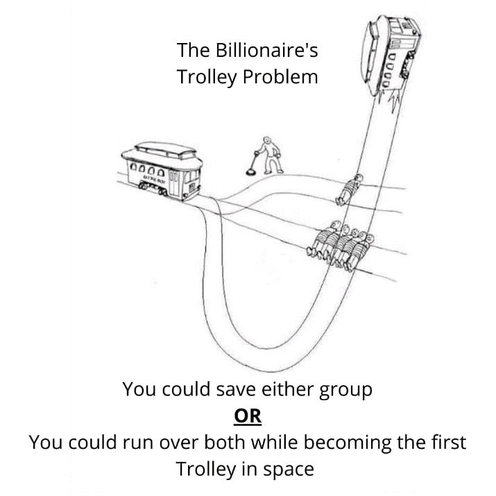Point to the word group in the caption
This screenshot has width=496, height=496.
(343, 389)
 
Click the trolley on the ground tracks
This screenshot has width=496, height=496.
(166, 170)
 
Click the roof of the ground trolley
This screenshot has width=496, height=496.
(166, 151)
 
